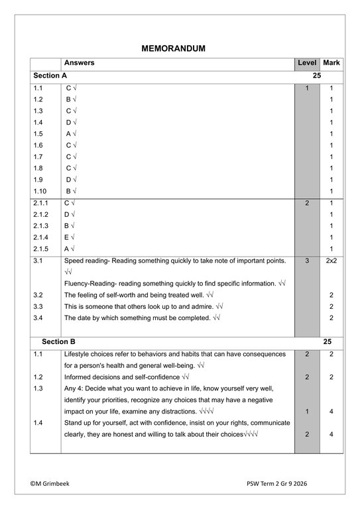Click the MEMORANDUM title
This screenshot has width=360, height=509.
click(x=174, y=48)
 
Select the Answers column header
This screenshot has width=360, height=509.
click(x=79, y=63)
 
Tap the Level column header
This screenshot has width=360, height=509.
click(x=307, y=63)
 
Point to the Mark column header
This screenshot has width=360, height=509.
click(x=331, y=63)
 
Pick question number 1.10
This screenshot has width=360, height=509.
click(x=40, y=191)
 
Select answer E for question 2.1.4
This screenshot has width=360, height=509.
click(x=67, y=237)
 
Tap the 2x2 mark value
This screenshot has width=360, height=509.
click(x=331, y=261)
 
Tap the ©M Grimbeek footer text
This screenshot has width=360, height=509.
click(x=54, y=484)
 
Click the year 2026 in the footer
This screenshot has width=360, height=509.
click(x=316, y=484)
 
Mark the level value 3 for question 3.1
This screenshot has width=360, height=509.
click(x=307, y=261)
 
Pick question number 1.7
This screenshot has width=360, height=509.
click(x=38, y=156)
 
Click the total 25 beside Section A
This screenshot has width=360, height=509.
click(x=317, y=76)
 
